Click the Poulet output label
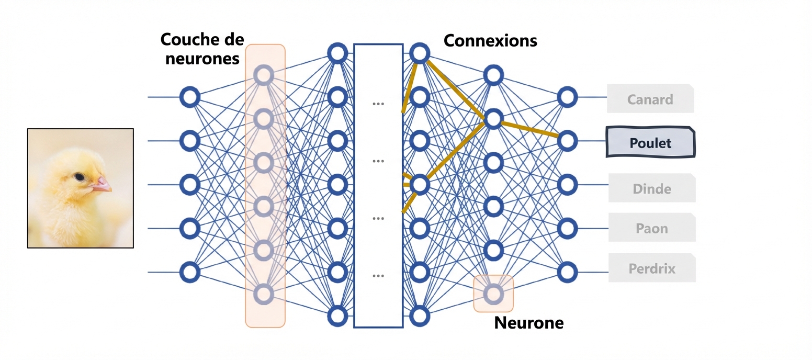(650, 142)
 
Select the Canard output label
(650, 99)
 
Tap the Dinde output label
(651, 188)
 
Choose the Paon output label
(651, 228)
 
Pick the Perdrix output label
(651, 269)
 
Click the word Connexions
(490, 40)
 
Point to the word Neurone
(528, 323)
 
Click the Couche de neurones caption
(200, 49)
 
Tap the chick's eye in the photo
(79, 177)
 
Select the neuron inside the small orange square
(493, 294)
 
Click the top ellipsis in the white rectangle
(378, 104)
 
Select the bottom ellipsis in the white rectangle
(378, 276)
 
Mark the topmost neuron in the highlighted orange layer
(264, 75)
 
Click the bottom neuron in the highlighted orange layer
(264, 294)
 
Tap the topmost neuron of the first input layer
(190, 97)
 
